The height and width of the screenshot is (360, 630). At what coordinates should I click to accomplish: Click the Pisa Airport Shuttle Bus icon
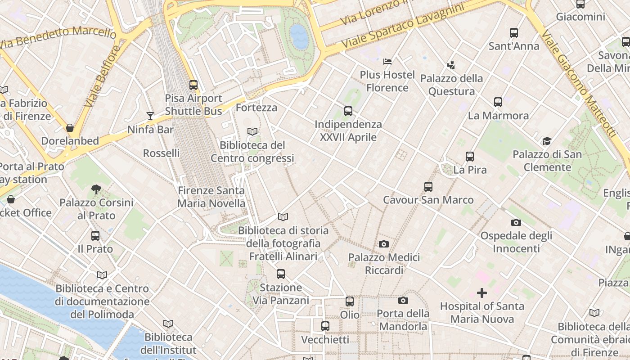193,85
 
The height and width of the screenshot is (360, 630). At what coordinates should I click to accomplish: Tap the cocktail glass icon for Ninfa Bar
150,116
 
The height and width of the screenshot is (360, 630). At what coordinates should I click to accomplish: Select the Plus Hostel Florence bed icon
387,61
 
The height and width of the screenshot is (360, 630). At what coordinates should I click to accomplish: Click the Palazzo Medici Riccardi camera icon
383,244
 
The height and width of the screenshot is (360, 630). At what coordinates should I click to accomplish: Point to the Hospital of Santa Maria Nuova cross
482,293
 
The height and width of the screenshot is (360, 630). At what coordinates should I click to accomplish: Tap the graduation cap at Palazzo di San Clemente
547,141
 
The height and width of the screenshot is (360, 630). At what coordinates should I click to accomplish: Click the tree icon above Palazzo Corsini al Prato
96,189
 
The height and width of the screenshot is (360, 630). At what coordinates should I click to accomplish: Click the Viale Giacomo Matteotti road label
578,83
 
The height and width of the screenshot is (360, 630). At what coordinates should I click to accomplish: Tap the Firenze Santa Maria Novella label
211,197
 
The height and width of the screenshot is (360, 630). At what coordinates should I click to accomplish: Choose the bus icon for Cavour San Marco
428,186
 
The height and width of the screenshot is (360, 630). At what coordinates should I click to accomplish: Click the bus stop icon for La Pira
470,157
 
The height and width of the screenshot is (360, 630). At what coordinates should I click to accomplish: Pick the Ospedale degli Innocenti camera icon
516,222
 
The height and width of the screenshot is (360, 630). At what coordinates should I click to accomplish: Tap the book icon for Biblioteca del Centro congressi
252,131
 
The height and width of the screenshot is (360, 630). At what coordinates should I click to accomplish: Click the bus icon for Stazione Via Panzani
281,274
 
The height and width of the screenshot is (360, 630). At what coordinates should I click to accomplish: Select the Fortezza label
256,108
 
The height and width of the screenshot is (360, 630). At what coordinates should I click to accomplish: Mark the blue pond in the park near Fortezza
299,36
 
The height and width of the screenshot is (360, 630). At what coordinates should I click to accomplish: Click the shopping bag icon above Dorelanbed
70,128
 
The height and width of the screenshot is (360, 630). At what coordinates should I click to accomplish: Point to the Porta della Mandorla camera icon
403,300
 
